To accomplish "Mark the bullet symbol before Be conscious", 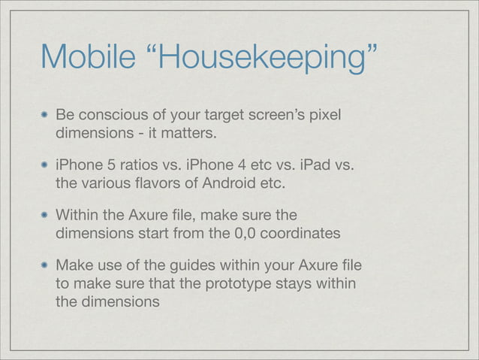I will tap(45, 116).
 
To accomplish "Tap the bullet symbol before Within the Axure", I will tap(45, 214).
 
